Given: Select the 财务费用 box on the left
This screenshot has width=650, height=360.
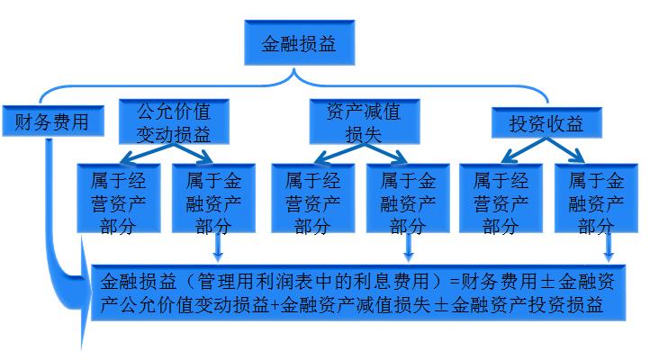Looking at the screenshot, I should point(52,121).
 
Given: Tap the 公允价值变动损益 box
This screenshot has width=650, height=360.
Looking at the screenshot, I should point(173,121).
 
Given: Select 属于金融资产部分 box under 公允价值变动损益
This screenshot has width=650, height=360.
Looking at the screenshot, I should point(214,199).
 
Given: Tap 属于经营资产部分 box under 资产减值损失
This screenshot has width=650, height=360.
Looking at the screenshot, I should point(312,199).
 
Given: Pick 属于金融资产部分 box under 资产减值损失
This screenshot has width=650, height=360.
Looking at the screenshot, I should point(408,199).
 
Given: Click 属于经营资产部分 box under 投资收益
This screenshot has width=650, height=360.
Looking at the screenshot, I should point(501,199).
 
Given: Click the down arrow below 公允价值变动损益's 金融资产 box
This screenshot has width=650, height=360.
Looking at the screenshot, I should point(217,247).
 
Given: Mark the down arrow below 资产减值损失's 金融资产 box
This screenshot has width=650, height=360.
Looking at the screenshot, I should point(410,247).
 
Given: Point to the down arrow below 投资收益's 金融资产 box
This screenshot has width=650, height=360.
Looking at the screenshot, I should point(609,247).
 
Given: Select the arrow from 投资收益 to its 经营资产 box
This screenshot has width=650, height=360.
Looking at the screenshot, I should point(511,151).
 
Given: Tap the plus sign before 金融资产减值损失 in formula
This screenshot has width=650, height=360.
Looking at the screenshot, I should point(275,306).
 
